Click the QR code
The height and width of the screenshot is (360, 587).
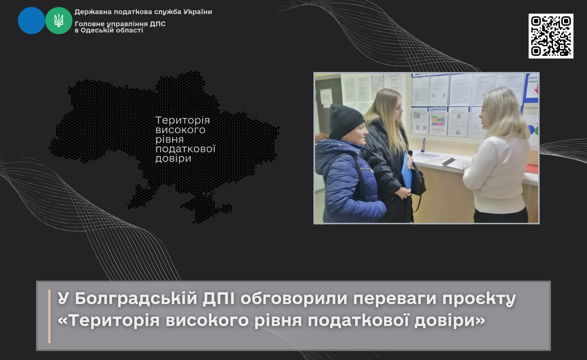(x=551, y=36)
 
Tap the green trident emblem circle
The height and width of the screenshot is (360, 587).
(x=59, y=20)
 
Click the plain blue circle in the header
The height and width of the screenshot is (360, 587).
(x=31, y=20)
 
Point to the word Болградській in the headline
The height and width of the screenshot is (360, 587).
(x=136, y=298)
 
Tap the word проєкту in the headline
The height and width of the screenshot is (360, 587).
(x=479, y=299)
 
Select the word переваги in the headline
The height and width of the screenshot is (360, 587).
(x=394, y=299)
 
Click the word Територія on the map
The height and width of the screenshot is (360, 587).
(x=183, y=121)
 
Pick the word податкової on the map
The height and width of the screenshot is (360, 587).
(x=185, y=149)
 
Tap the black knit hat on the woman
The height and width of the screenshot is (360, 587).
(x=345, y=122)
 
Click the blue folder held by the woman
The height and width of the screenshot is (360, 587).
(x=406, y=170)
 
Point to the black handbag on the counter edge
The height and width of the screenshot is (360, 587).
(x=418, y=181)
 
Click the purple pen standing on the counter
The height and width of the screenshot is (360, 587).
(x=423, y=146)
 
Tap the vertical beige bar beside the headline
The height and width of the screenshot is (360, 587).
(x=50, y=316)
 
